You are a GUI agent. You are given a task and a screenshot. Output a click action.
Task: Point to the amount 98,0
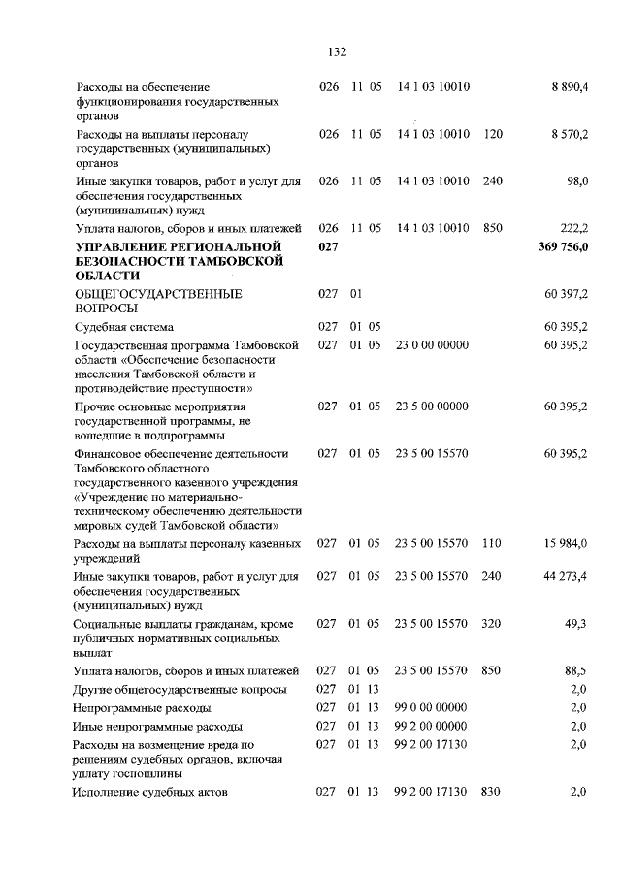pos(579,180)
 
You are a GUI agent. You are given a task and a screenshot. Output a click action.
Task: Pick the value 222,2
pos(575,228)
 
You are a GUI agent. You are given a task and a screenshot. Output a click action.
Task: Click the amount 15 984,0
pos(568,545)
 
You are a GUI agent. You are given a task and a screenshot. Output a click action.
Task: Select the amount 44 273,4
pos(568,576)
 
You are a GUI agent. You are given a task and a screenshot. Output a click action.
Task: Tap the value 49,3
pos(579,623)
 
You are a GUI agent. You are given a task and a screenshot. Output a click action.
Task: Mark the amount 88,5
pos(579,670)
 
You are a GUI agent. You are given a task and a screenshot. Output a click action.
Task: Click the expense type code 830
pos(493,793)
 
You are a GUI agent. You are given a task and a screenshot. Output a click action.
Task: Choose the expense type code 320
pos(493,623)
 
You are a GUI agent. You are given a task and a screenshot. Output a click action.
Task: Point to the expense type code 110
pos(493,545)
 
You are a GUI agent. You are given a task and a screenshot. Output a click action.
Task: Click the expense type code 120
pos(493,134)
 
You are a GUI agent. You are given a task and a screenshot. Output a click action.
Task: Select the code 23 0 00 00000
pos(432,344)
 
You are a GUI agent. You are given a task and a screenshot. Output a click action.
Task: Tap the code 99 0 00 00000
pos(432,707)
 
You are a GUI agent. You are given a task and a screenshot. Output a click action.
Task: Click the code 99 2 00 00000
pos(432,726)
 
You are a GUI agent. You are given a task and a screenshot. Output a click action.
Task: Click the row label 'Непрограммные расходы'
pos(144,707)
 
